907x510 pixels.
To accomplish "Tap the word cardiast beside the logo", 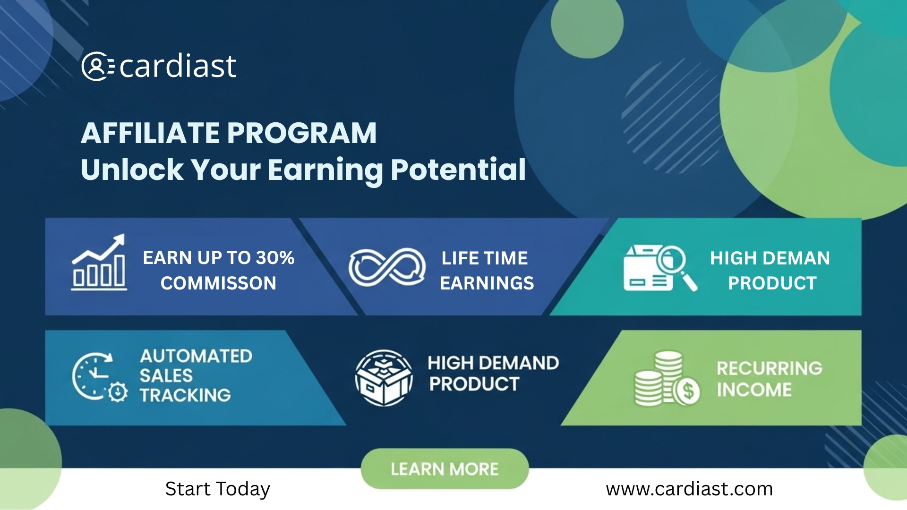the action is [x=178, y=66].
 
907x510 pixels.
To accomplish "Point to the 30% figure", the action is [x=275, y=258].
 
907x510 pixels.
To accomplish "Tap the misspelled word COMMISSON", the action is [x=218, y=283].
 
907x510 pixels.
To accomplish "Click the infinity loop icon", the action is [x=387, y=267].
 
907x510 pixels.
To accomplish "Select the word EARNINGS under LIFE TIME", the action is [x=487, y=283].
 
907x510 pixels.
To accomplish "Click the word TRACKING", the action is [x=185, y=395].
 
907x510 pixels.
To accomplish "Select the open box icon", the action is [x=384, y=378].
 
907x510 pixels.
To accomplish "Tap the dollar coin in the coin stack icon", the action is [x=687, y=391].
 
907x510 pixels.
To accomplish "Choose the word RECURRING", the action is [x=770, y=368].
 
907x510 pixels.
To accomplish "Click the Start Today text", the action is [x=218, y=489].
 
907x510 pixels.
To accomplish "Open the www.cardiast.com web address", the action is [x=689, y=489].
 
